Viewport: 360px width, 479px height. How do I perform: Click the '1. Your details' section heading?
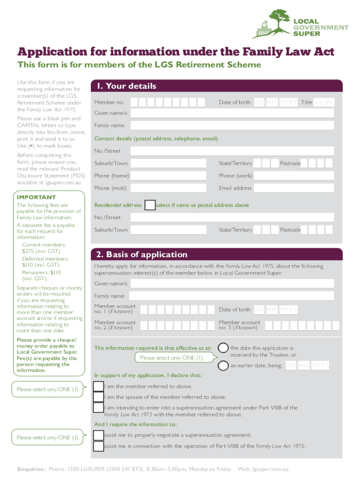[x=126, y=86]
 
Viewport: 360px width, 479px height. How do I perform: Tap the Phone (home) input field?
[x=168, y=176]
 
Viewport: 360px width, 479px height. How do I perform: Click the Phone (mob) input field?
[x=168, y=188]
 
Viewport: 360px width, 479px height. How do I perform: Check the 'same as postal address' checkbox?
[x=150, y=205]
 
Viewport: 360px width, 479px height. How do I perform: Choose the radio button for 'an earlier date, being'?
[x=223, y=365]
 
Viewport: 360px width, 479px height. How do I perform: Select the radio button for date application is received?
[x=223, y=348]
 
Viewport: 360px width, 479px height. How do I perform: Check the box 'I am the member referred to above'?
[x=99, y=386]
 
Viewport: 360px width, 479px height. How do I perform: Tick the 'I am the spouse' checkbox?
[x=99, y=397]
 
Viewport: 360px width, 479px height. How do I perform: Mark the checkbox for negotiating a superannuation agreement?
[x=99, y=435]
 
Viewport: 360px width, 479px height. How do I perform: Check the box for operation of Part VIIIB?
[x=99, y=446]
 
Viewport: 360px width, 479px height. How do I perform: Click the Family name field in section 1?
[x=232, y=125]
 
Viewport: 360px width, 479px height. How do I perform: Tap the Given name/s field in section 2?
[x=232, y=284]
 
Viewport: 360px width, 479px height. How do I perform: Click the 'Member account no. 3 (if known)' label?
[x=239, y=325]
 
